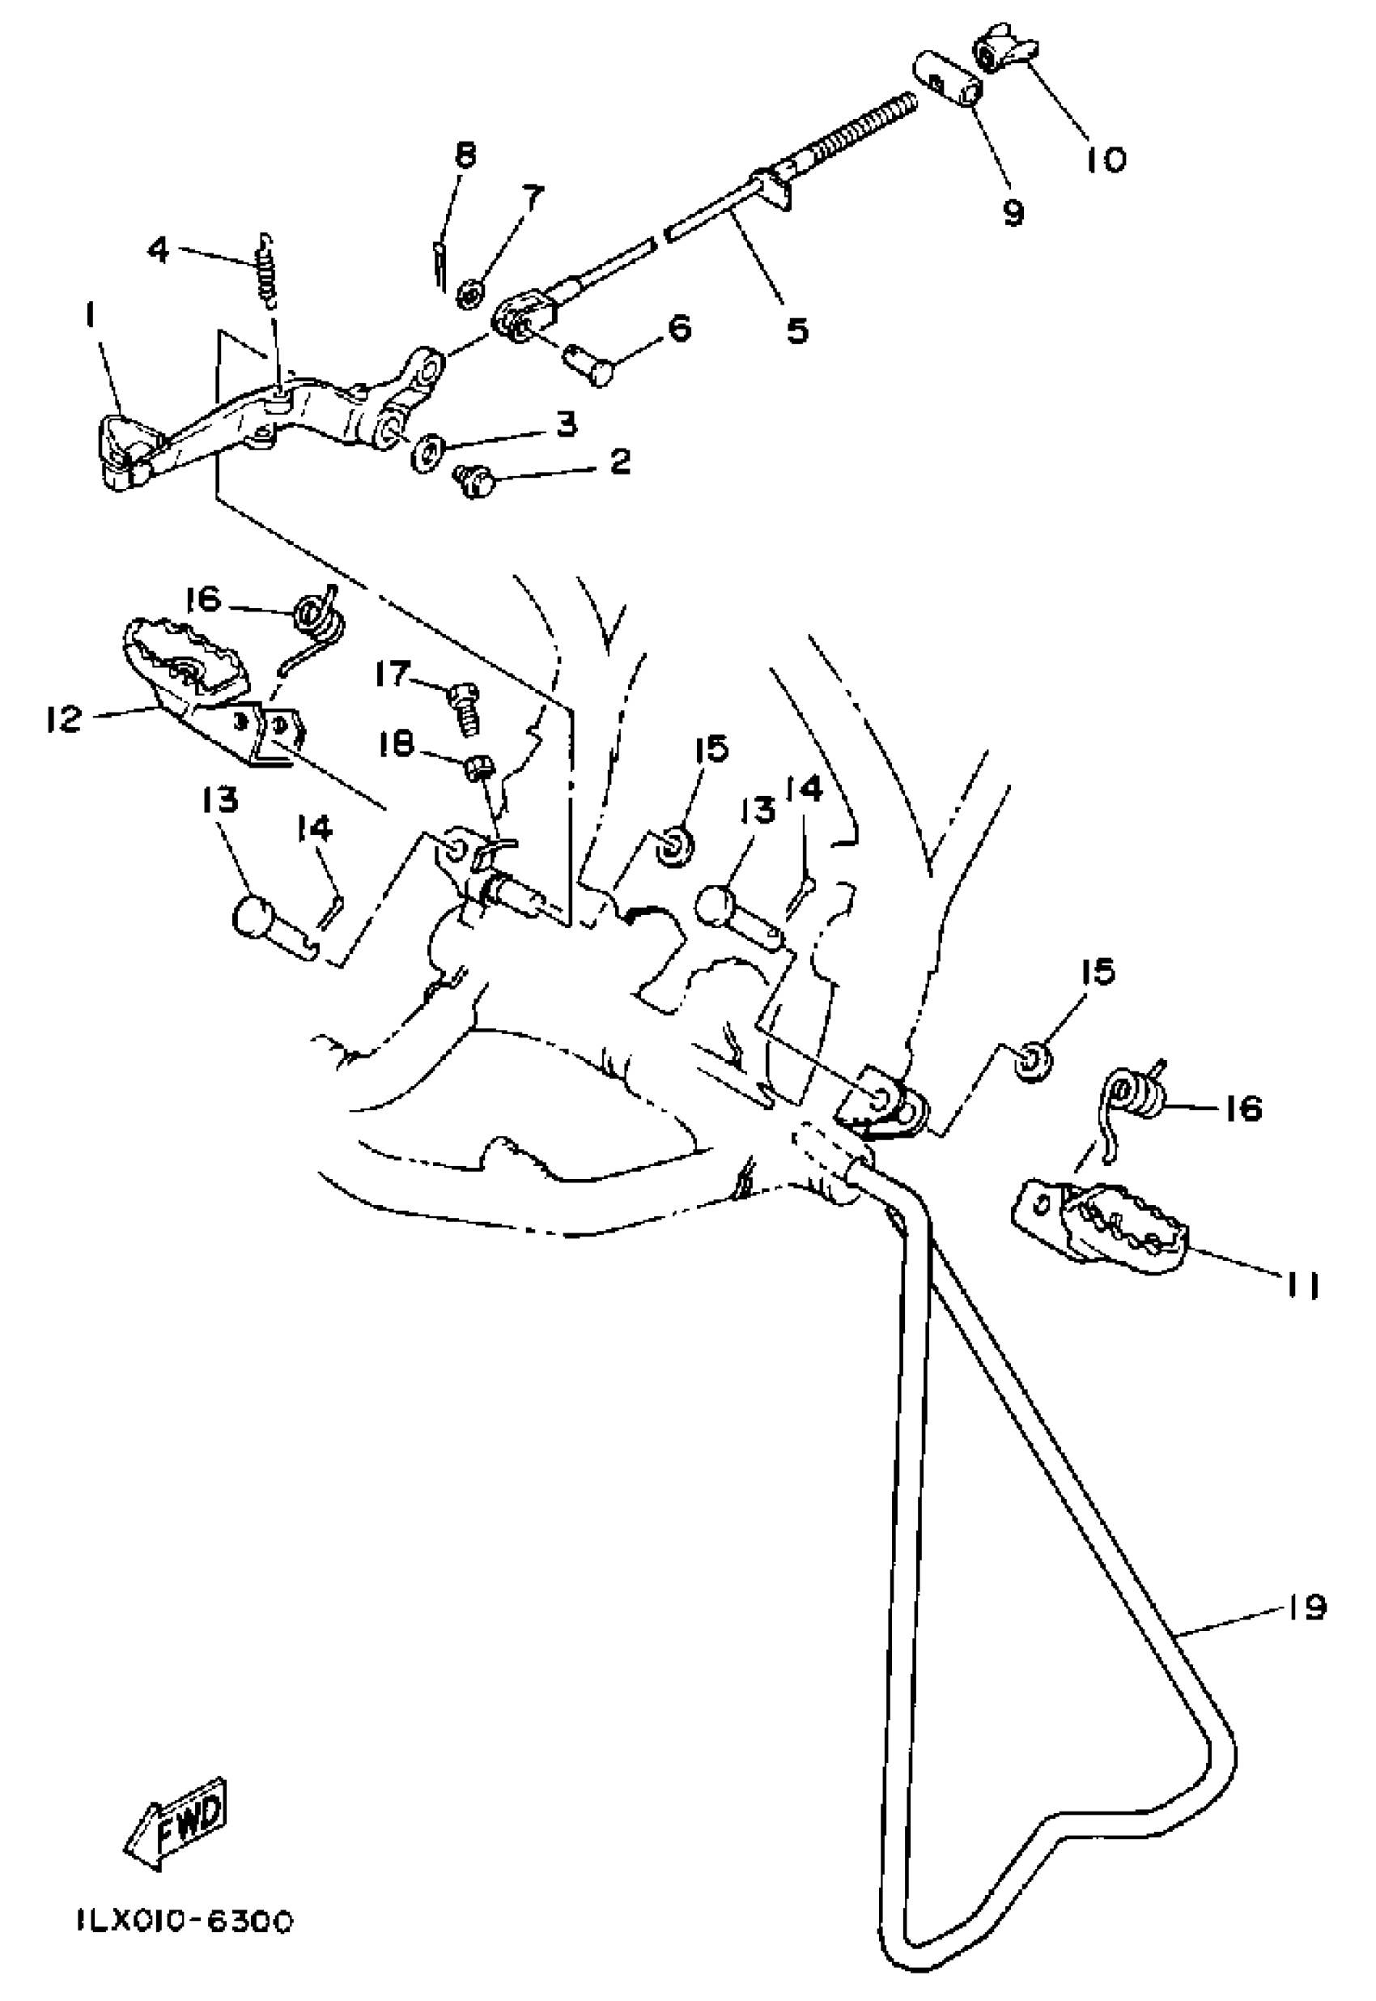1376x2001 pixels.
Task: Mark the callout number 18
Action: [x=397, y=744]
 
